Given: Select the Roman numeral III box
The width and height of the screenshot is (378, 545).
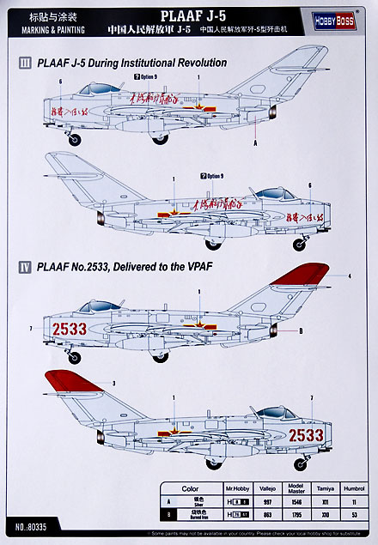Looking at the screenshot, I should point(26,64).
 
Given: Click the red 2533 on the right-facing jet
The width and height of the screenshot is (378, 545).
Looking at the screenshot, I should point(306,435).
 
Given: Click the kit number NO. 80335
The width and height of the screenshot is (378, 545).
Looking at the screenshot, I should point(33,521).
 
